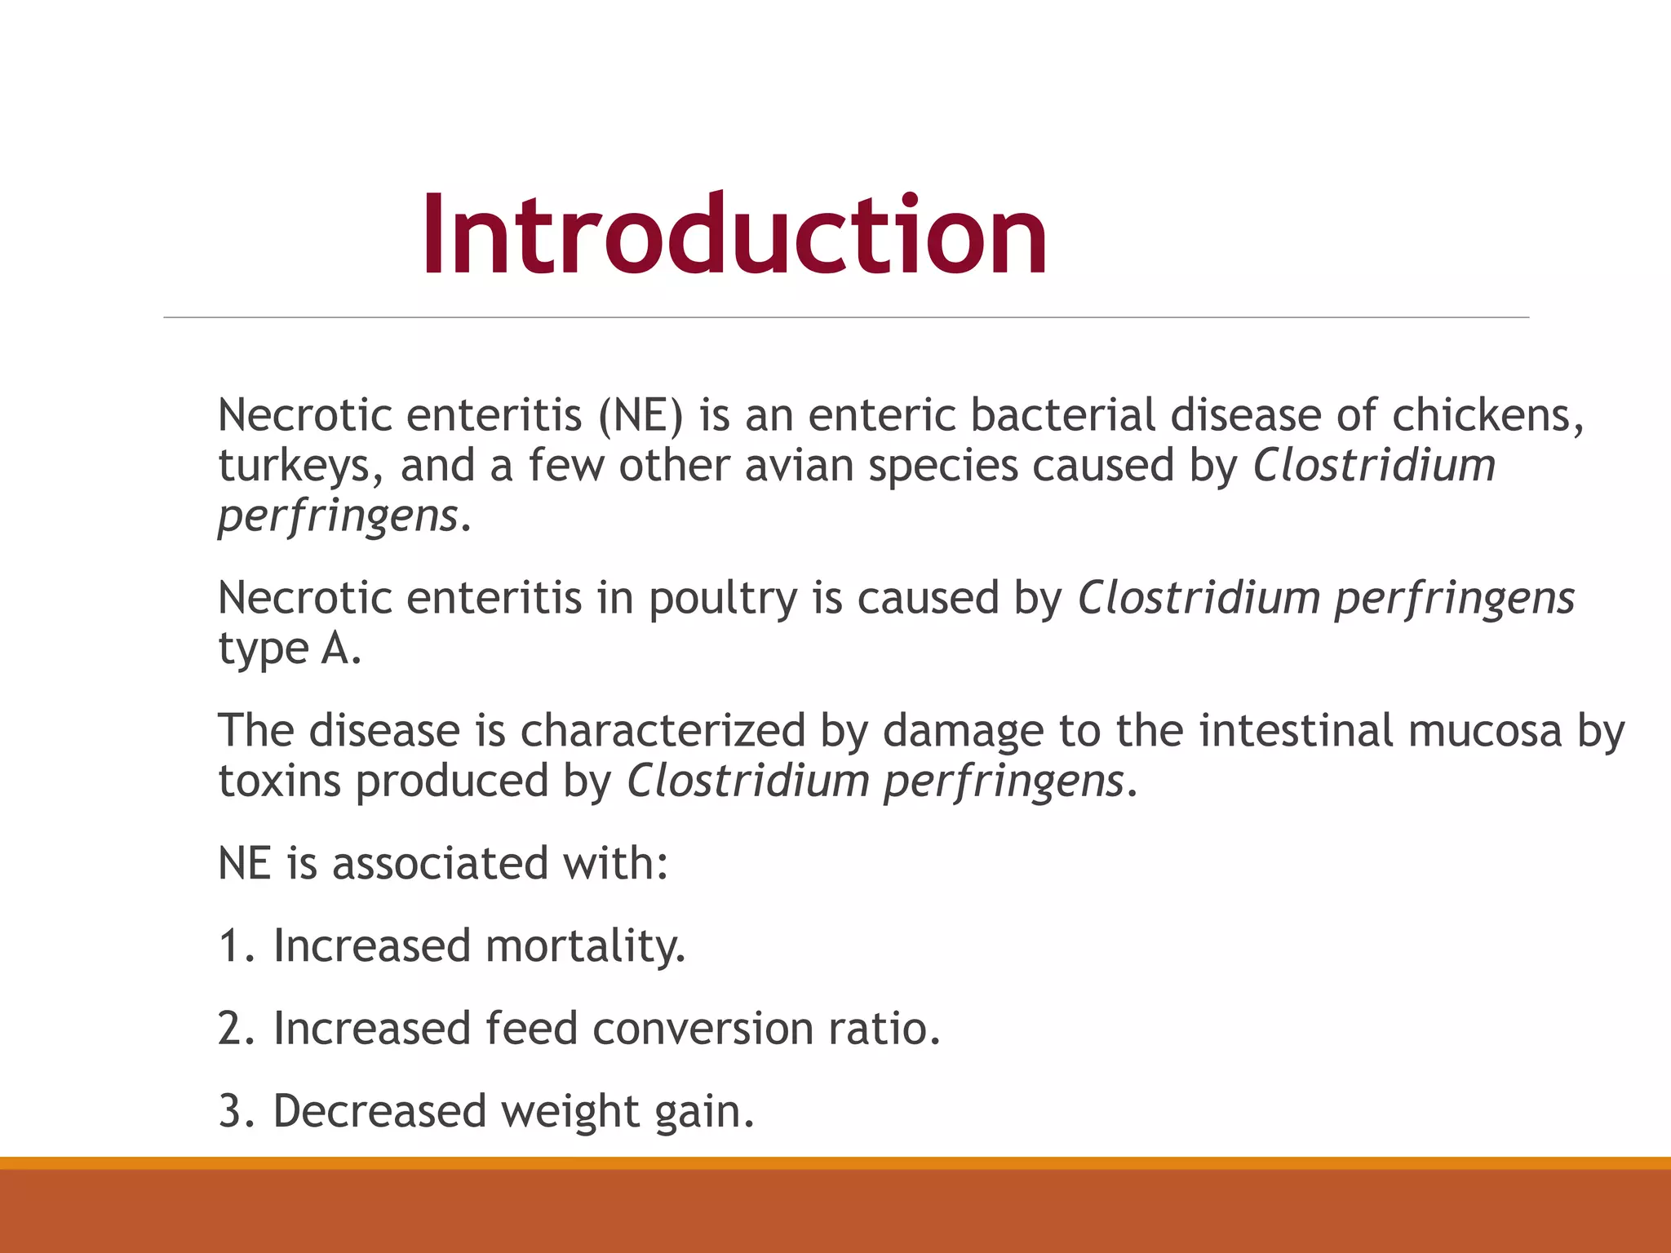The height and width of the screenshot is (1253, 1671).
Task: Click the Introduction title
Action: click(x=734, y=236)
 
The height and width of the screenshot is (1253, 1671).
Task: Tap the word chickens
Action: click(x=1487, y=415)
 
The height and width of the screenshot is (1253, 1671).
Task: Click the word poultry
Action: click(x=722, y=599)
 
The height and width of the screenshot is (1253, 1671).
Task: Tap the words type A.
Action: click(x=289, y=649)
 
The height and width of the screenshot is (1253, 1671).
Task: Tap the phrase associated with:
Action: click(x=500, y=864)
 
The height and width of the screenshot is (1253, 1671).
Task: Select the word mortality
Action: click(x=585, y=946)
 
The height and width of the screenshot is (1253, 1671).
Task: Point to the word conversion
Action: click(x=703, y=1029)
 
